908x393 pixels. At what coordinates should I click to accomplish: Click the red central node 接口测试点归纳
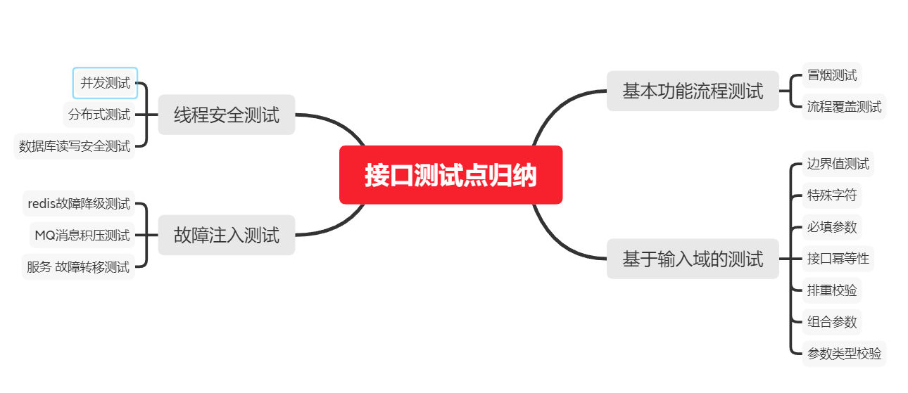[x=450, y=175]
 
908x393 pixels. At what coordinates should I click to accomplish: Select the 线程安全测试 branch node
[x=226, y=115]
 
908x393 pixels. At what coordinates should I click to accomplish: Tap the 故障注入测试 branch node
[x=226, y=235]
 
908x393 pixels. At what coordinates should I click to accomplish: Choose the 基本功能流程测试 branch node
[x=693, y=91]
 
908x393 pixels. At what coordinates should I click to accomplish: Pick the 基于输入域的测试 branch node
[x=693, y=259]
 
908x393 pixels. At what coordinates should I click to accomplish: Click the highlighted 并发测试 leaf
[x=105, y=83]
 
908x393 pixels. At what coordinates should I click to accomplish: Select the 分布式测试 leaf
[x=99, y=114]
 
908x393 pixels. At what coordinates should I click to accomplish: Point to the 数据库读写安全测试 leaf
[x=75, y=146]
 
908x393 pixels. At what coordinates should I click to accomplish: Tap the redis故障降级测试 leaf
[x=79, y=204]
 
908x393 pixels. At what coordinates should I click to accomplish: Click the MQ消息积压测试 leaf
[x=82, y=235]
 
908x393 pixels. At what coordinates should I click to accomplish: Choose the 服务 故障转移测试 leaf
[x=78, y=267]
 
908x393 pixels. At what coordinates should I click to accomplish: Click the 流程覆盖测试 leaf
[x=844, y=108]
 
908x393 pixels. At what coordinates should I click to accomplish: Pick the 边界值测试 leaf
[x=838, y=164]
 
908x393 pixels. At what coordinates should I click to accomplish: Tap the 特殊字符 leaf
[x=832, y=195]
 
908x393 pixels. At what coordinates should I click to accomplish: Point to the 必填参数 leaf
[x=832, y=227]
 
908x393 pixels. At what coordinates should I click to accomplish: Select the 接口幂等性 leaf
[x=838, y=259]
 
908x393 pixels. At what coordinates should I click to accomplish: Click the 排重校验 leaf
[x=832, y=290]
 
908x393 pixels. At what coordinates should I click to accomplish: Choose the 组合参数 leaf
[x=832, y=322]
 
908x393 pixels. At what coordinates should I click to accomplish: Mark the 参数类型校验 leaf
[x=844, y=354]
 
